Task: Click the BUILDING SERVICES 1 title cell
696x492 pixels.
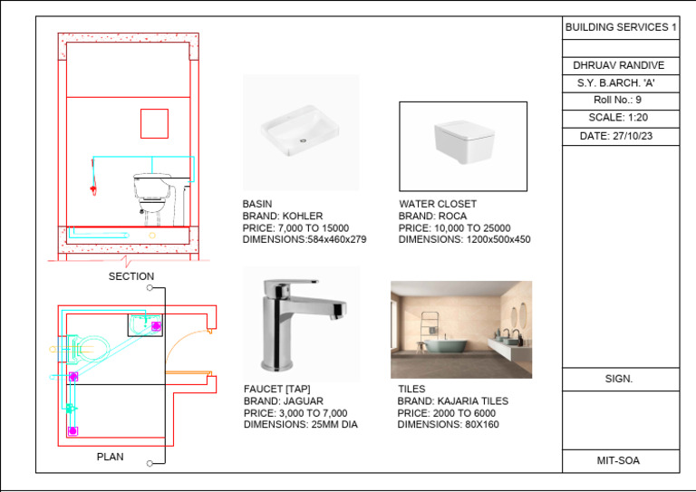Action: click(x=621, y=28)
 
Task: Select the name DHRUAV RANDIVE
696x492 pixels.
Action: click(x=620, y=65)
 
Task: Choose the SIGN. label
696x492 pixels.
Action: click(x=619, y=379)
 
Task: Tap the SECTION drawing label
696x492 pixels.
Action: click(x=131, y=276)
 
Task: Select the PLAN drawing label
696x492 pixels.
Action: click(x=110, y=457)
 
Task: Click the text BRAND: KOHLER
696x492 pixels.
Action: click(x=282, y=217)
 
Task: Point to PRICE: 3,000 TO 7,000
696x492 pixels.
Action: click(x=295, y=413)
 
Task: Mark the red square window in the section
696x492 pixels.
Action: click(x=154, y=122)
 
